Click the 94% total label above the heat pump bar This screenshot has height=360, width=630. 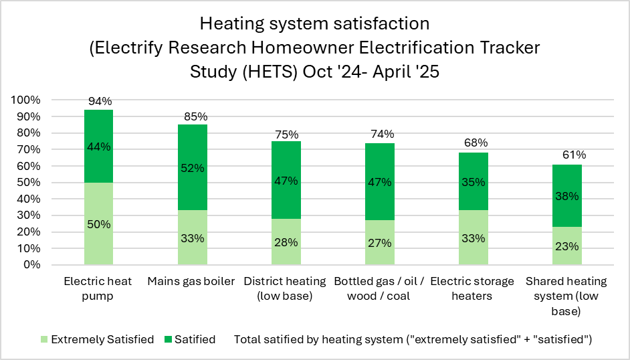coord(98,102)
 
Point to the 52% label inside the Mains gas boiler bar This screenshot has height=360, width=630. coord(192,169)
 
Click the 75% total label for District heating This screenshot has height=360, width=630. coord(286,134)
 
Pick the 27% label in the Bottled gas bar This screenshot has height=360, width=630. coord(380,243)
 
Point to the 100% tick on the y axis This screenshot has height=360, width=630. coord(26,100)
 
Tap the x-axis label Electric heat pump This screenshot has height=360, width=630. coord(98,288)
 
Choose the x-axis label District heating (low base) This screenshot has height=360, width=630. coord(286,288)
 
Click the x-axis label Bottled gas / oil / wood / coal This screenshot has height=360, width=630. coord(380,288)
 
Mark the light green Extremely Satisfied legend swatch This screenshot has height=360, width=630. coord(45,340)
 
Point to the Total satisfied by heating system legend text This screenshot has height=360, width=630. coord(413,340)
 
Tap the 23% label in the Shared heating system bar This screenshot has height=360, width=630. coord(567,246)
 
